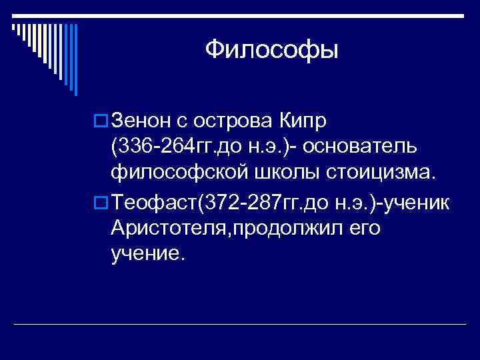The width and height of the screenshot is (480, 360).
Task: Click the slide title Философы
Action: (x=272, y=49)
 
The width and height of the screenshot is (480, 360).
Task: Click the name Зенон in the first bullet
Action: (x=143, y=121)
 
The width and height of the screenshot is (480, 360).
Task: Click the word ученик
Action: (x=418, y=201)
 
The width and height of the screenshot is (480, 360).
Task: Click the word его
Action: (x=365, y=227)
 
